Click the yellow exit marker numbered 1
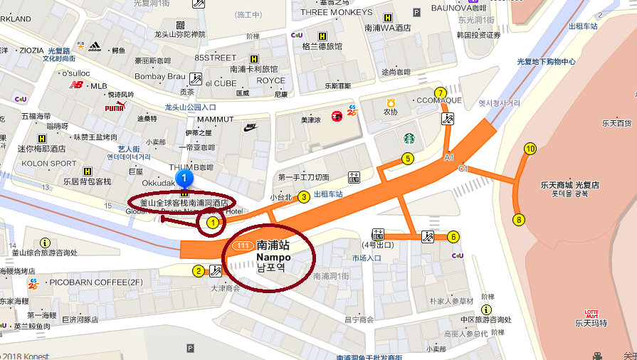[x=211, y=223]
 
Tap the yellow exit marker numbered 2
[x=198, y=270]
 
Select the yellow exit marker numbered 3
[x=303, y=197]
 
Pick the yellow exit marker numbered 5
[x=408, y=159]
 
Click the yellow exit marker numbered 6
[x=453, y=237]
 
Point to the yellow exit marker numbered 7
[x=441, y=93]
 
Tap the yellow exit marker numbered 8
[x=520, y=220]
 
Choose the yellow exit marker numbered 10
[x=530, y=149]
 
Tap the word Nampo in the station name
[x=273, y=256]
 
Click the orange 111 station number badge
[x=243, y=245]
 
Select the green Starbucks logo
[x=409, y=138]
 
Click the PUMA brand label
[x=114, y=107]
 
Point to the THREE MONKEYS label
[x=337, y=12]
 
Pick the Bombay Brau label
[x=159, y=76]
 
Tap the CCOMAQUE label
[x=438, y=100]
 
